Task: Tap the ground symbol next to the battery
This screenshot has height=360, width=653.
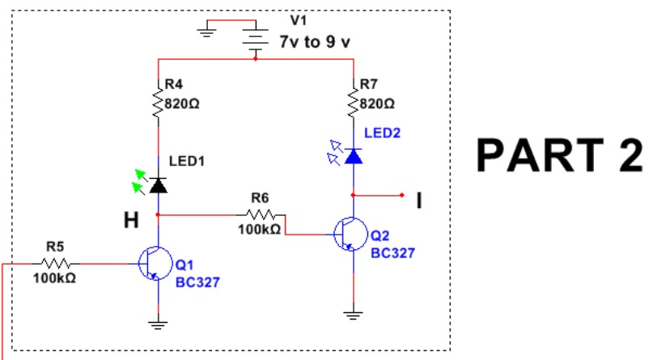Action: click(208, 32)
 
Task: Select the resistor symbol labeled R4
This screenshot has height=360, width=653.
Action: click(157, 102)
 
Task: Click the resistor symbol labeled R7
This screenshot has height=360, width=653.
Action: click(353, 102)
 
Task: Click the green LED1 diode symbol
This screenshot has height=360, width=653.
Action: click(159, 184)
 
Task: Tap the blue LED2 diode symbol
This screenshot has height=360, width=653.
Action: click(352, 155)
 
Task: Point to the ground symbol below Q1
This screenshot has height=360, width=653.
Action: click(158, 325)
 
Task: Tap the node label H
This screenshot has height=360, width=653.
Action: click(131, 220)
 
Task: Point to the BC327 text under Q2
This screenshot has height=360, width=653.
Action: click(392, 253)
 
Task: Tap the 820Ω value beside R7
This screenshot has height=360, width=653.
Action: click(377, 104)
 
